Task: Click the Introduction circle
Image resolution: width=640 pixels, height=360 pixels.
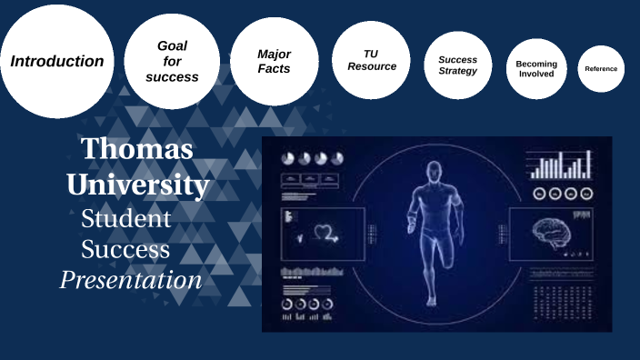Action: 56,62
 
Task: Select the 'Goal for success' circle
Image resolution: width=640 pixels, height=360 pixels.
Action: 173,61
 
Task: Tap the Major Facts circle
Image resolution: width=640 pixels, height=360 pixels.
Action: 274,61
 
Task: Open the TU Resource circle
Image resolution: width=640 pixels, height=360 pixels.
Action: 372,60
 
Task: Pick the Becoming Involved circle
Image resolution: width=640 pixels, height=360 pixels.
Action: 536,68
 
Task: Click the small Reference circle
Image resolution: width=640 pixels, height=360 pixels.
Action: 601,69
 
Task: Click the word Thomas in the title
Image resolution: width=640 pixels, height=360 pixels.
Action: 136,149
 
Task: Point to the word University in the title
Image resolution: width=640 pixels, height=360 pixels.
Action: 137,185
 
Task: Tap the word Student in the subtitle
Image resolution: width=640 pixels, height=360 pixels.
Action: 125,218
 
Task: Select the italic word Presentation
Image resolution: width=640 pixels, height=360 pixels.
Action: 131,280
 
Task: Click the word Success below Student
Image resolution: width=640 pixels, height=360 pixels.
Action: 125,249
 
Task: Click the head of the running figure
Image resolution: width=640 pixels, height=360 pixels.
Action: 435,170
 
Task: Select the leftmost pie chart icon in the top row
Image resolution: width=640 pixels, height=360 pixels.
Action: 289,158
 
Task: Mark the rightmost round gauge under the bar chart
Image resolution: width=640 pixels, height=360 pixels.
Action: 586,193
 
